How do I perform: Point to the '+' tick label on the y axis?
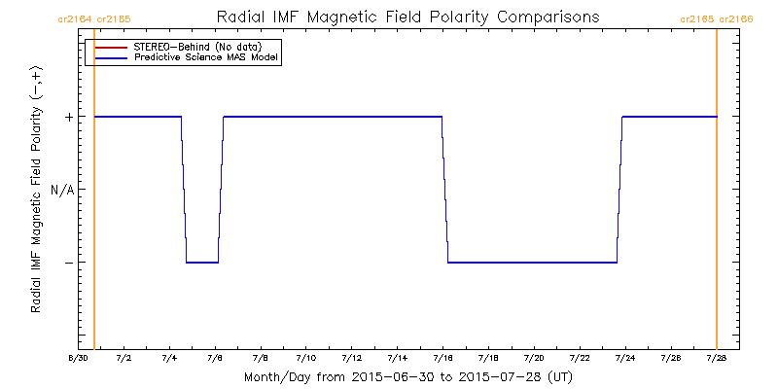68,117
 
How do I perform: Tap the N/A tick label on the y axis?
62,190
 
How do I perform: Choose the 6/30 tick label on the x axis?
76,359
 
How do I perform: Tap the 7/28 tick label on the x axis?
717,359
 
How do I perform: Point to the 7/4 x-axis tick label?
168,359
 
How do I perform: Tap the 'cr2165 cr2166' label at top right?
717,18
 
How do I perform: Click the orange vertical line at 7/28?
717,233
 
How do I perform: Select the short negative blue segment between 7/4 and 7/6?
202,263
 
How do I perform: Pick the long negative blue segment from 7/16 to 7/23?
532,263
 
